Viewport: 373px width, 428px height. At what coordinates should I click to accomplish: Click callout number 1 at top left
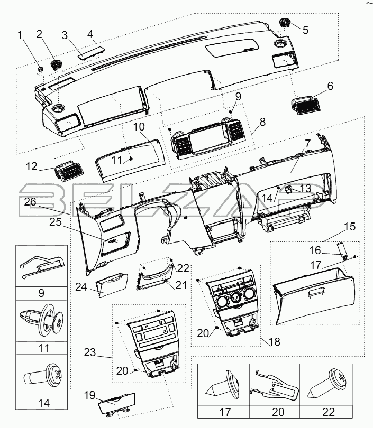click(20, 35)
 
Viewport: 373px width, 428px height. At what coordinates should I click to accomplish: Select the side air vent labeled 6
click(305, 105)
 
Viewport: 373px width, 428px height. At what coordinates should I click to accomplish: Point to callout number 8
click(262, 122)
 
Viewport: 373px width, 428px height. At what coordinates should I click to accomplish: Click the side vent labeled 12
click(69, 170)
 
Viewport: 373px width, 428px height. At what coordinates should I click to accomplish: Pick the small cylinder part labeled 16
click(343, 249)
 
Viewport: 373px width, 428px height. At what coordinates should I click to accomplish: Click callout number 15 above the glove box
click(350, 227)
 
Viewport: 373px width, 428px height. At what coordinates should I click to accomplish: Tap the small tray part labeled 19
click(117, 404)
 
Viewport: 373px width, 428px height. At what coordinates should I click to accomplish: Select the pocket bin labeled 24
click(112, 285)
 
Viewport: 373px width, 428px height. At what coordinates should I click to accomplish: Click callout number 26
click(30, 202)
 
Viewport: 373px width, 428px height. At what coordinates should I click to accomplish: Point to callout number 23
click(89, 352)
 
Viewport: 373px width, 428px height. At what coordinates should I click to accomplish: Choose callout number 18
click(274, 341)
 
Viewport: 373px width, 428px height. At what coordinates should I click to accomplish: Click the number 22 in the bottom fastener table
click(329, 412)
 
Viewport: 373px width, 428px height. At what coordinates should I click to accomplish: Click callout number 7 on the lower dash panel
click(308, 143)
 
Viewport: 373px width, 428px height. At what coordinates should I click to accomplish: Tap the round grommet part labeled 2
click(57, 65)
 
